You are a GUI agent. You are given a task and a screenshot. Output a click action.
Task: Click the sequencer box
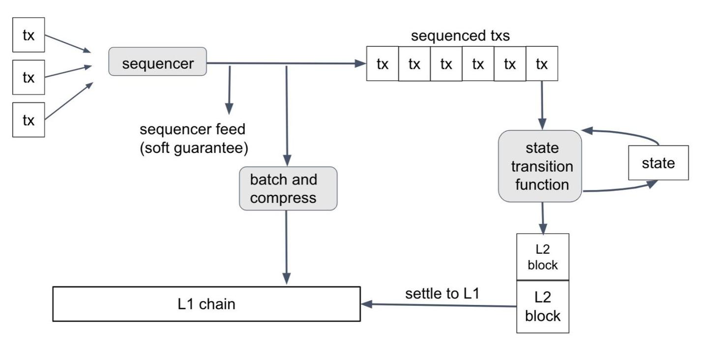coord(157,61)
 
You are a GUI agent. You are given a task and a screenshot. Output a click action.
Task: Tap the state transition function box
coord(540,166)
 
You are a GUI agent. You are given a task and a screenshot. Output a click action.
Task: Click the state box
coord(658,163)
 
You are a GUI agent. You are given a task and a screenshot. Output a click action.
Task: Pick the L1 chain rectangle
coord(206,304)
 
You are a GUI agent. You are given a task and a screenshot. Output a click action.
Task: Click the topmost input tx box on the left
coord(29,35)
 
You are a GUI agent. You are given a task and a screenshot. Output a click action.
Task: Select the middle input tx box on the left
coord(29,77)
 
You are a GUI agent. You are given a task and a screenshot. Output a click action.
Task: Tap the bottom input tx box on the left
coord(29,120)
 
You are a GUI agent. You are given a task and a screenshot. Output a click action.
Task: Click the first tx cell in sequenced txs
coord(382,63)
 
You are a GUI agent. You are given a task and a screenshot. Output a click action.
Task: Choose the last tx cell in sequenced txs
coord(542,63)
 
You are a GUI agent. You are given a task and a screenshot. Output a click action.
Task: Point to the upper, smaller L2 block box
coord(542,257)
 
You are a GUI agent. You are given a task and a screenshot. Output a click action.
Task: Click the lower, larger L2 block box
coord(542,307)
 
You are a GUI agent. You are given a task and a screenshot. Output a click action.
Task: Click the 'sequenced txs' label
coord(460,36)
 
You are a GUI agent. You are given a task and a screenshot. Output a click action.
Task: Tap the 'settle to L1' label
coord(442,294)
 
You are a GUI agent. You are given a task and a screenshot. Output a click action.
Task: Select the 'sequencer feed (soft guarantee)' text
coord(193,139)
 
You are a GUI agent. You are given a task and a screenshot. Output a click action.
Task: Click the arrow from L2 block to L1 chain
coord(438,305)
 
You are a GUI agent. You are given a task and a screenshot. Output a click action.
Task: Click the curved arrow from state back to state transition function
coord(624,133)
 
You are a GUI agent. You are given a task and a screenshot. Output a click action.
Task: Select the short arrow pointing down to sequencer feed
coord(229,89)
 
